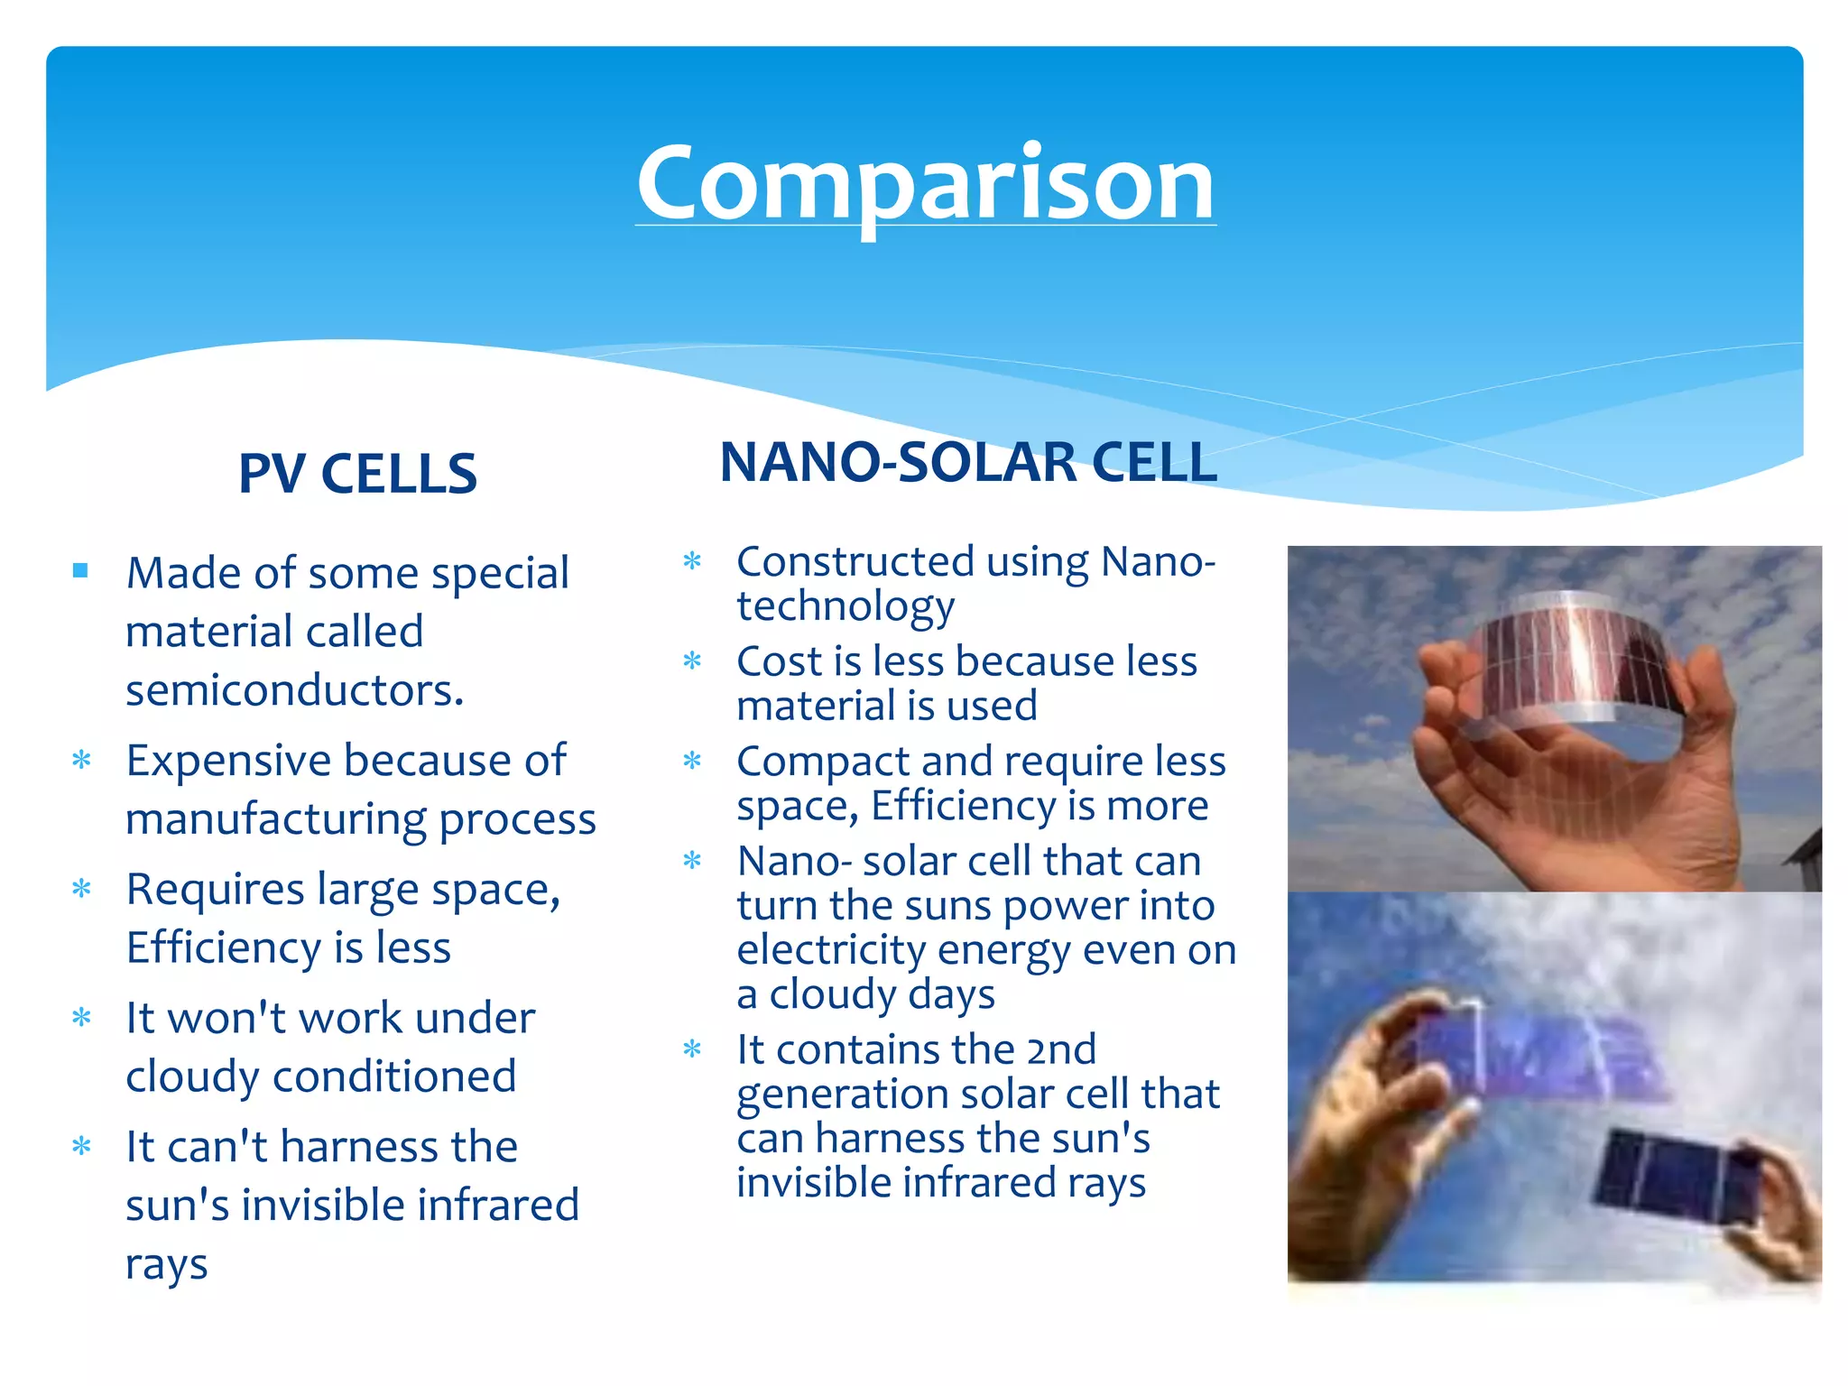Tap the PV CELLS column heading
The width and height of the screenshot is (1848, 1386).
click(x=357, y=474)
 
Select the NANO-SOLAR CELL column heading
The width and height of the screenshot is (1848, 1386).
click(x=968, y=462)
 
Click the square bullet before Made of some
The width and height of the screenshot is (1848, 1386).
click(x=81, y=570)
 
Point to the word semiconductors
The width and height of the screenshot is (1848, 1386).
click(x=294, y=691)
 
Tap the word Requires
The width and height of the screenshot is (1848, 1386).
click(x=215, y=891)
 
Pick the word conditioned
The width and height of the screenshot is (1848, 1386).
click(x=394, y=1076)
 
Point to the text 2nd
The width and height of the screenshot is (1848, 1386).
click(x=1061, y=1049)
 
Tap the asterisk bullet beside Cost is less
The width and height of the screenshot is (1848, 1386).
click(x=692, y=661)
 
